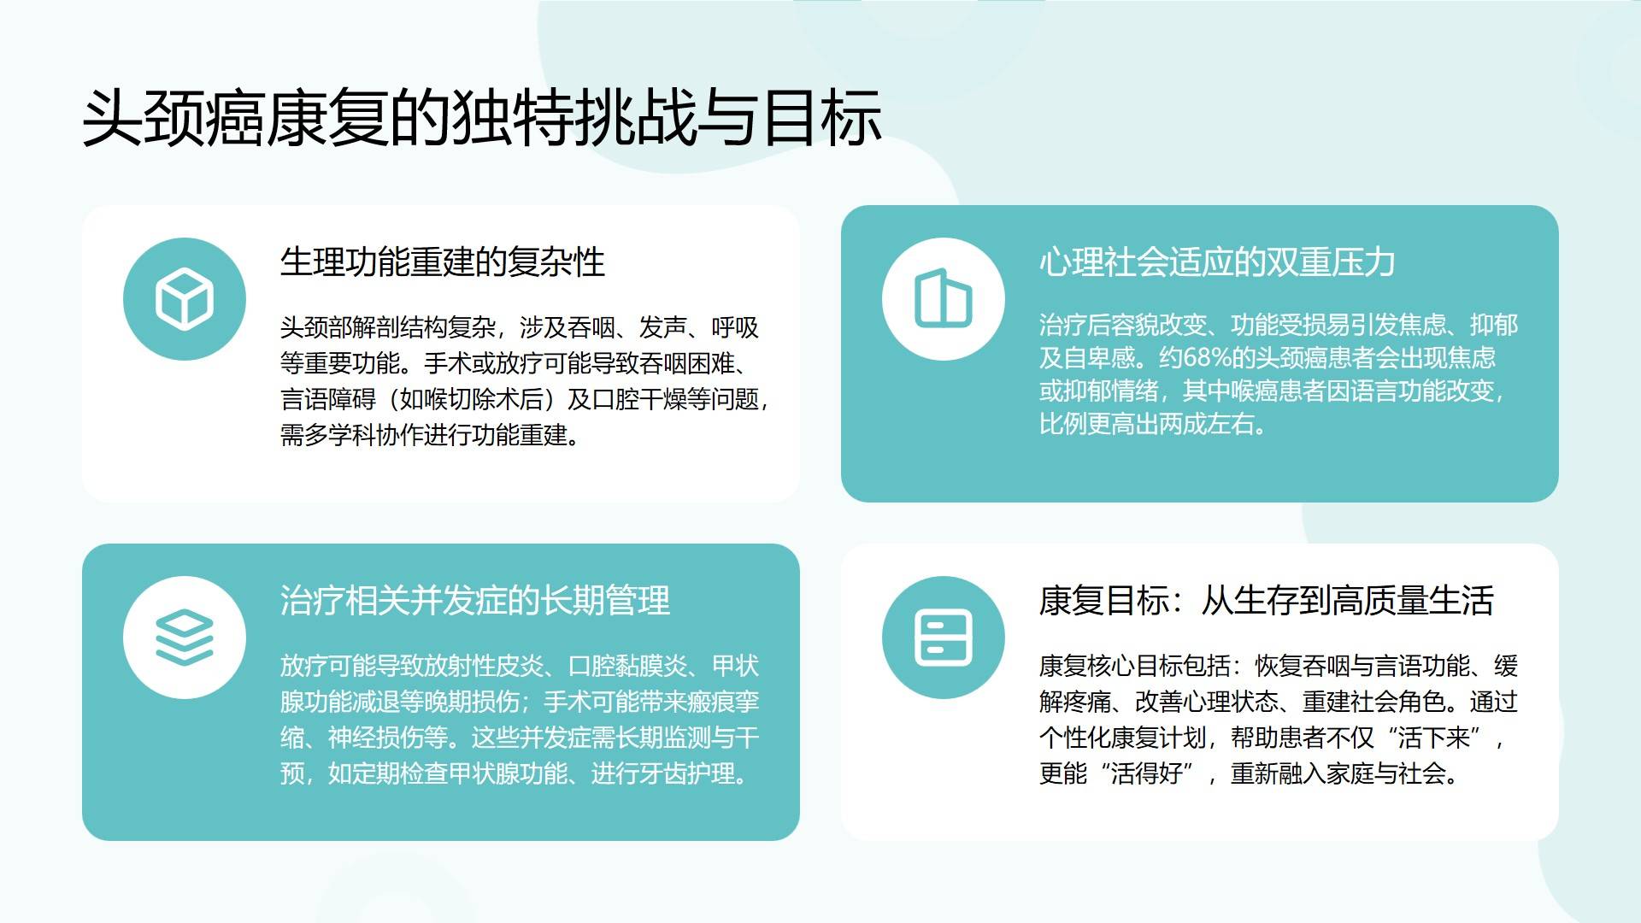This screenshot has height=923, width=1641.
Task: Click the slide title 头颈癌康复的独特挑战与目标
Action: (x=481, y=118)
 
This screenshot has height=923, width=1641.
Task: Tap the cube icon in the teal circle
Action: (x=185, y=299)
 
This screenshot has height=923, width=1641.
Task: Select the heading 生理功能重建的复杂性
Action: (x=443, y=262)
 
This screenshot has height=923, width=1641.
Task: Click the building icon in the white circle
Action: (x=944, y=299)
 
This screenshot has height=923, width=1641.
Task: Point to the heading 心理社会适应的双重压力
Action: (x=1217, y=262)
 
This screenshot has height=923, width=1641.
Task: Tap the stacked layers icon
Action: (x=185, y=638)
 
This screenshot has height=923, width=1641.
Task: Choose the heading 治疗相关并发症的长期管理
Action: (x=475, y=600)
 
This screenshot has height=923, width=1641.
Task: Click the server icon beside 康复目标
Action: (x=944, y=638)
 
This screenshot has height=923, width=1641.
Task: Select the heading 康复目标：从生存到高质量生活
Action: (x=1267, y=600)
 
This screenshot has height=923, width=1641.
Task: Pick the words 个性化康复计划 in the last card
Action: (x=1123, y=738)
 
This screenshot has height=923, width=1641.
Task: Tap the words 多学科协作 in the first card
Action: (x=352, y=435)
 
